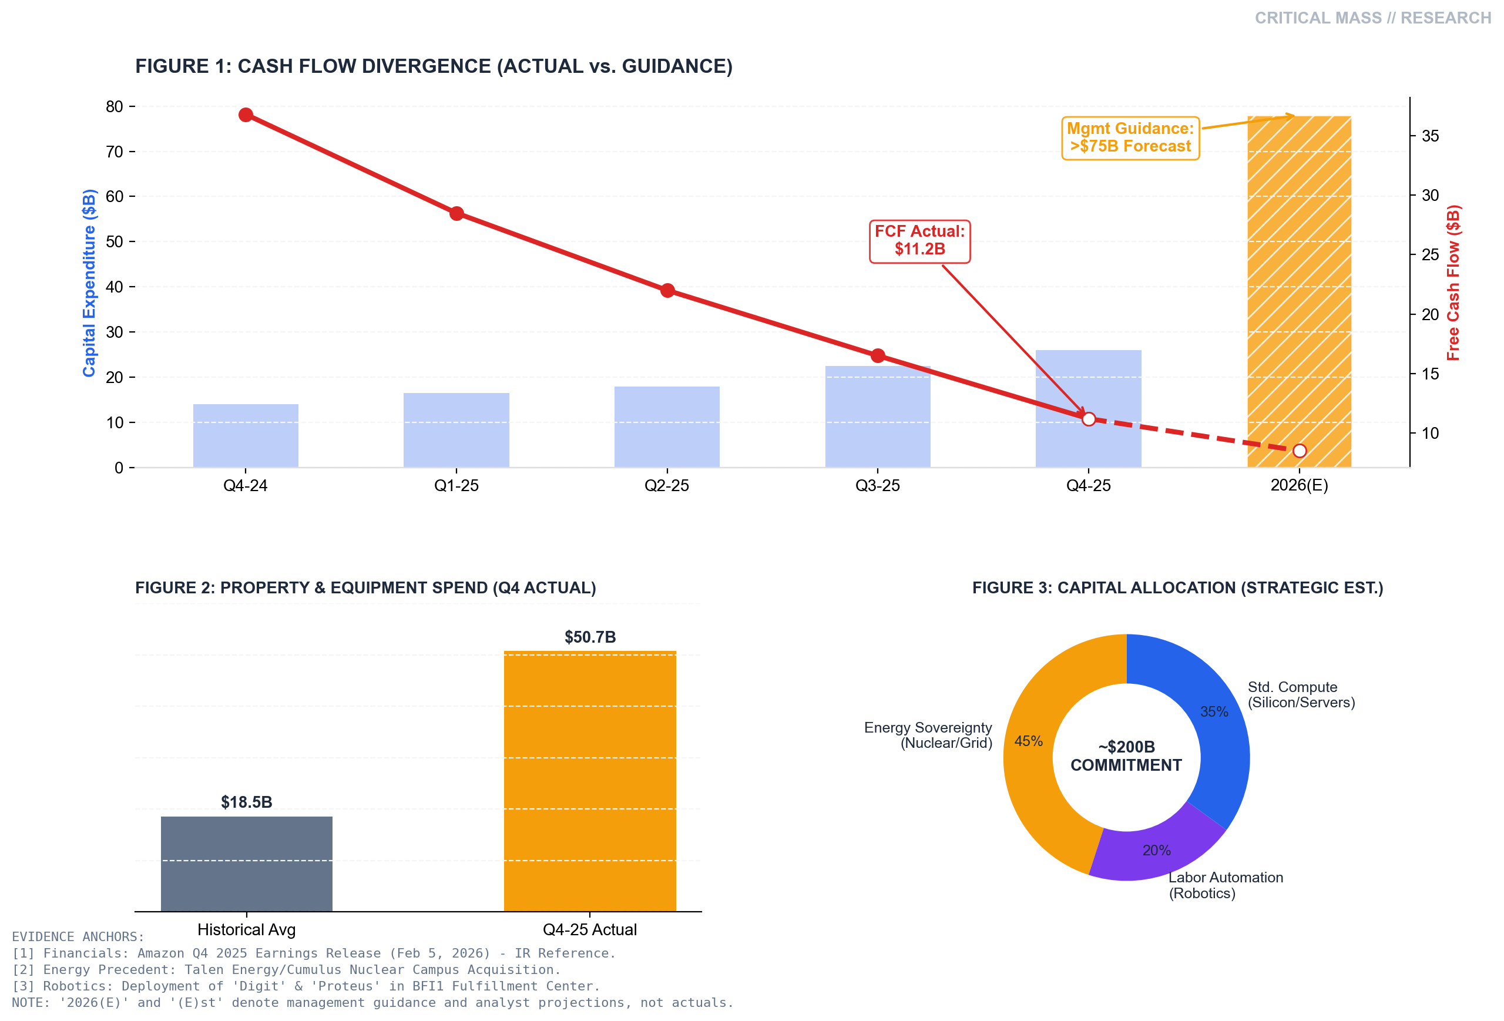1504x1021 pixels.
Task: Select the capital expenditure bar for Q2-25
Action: pyautogui.click(x=667, y=427)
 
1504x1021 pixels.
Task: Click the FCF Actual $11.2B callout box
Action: pyautogui.click(x=919, y=241)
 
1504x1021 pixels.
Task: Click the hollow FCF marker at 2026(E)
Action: pyautogui.click(x=1299, y=451)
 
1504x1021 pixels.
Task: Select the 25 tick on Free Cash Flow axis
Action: pyautogui.click(x=1429, y=255)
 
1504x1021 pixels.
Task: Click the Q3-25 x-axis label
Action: pyautogui.click(x=877, y=486)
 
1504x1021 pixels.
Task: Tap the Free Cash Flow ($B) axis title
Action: pyautogui.click(x=1453, y=283)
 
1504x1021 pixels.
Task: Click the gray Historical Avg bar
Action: pyautogui.click(x=246, y=864)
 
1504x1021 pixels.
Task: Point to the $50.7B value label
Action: pyautogui.click(x=590, y=637)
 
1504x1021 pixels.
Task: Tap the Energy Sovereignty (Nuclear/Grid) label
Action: pyautogui.click(x=928, y=735)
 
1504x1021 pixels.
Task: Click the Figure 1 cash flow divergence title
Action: pyautogui.click(x=434, y=66)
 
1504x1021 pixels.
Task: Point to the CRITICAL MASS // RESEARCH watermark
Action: pyautogui.click(x=1372, y=18)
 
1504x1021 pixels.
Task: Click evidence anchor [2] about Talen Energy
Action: pyautogui.click(x=286, y=970)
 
